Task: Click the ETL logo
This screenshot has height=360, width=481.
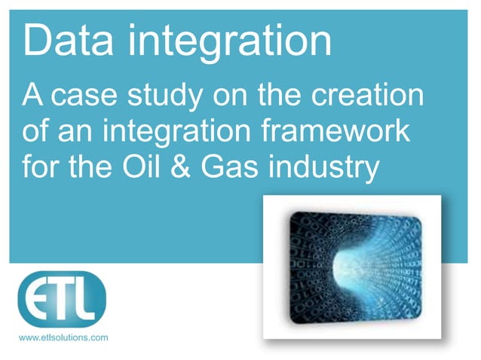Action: coord(62,299)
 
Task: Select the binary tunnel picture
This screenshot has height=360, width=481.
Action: coord(351,267)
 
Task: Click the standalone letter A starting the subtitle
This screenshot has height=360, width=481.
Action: coord(32,98)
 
